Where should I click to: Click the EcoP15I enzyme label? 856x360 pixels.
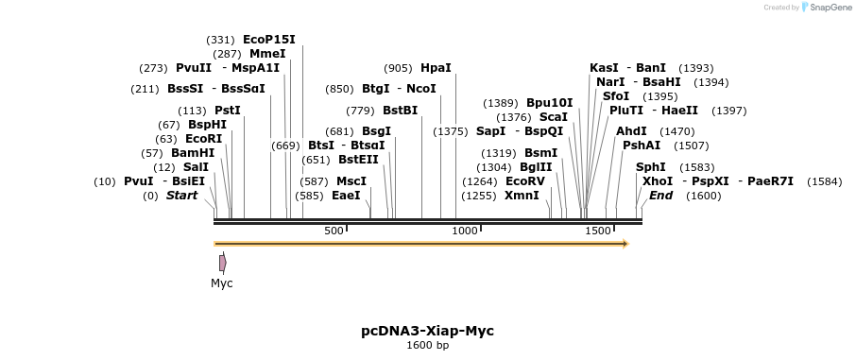coord(269,40)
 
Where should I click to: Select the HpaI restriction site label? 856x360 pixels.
coord(436,68)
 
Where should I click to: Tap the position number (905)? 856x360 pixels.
coord(398,68)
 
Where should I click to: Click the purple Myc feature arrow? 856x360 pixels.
coord(222,263)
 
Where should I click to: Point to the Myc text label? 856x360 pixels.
coord(222,283)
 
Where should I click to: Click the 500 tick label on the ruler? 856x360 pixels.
coord(334,231)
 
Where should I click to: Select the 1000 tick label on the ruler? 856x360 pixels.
coord(465,231)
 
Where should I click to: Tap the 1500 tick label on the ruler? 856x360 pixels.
coord(598,231)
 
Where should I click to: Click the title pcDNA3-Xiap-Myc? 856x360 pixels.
coord(427,331)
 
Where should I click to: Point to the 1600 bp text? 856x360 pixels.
coord(427,346)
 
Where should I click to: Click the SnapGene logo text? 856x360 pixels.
coord(827,8)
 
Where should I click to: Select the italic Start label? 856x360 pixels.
coord(182,196)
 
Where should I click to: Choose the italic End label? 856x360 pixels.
coord(661,196)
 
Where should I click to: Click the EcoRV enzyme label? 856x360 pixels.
coord(525,181)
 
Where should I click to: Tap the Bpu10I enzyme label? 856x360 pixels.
coord(550,103)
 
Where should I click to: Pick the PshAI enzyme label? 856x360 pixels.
coord(642,146)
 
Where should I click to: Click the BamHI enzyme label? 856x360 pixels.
coord(193,153)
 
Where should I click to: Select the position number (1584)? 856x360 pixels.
coord(824,181)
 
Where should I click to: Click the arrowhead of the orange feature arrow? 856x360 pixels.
coord(625,244)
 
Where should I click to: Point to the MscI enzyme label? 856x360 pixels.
coord(351,181)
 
